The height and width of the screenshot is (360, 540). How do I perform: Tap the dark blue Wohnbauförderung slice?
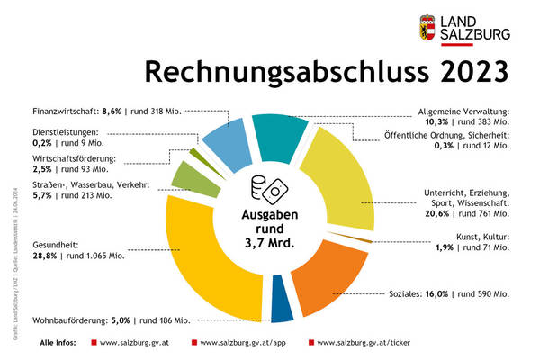282,308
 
